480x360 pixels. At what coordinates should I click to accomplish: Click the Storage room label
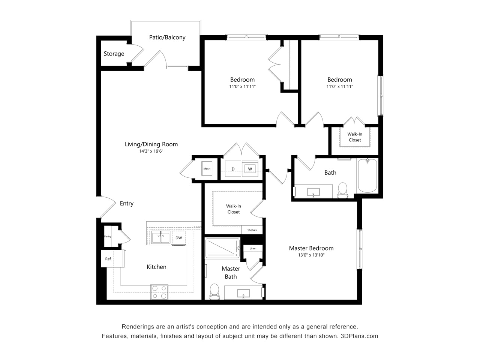tap(114, 54)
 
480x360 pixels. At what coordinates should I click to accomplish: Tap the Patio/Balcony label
tap(167, 37)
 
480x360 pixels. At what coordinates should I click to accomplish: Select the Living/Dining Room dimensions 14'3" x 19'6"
tap(151, 151)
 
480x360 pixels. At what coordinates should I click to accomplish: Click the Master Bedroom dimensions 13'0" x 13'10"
tap(311, 255)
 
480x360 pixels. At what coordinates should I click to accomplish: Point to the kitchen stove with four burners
tap(159, 292)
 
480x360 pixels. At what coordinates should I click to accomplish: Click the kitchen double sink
tap(161, 238)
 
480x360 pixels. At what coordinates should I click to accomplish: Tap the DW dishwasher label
tap(178, 238)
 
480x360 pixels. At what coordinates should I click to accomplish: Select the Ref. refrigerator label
tap(108, 259)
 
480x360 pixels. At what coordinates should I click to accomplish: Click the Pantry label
tap(108, 236)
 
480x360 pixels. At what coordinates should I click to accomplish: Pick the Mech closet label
tap(207, 168)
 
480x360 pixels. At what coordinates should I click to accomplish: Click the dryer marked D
tap(233, 169)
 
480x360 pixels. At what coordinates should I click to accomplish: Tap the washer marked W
tap(250, 169)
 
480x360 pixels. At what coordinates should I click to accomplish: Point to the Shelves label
tap(252, 230)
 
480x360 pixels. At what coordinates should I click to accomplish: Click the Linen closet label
tap(253, 248)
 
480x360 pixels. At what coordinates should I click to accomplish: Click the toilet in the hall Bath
tap(343, 190)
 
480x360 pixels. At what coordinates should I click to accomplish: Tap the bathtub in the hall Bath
tap(367, 176)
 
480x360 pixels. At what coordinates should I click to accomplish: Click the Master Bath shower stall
tap(222, 248)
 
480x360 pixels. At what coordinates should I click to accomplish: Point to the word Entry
tap(127, 204)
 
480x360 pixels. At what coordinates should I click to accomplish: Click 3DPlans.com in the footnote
tap(359, 336)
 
